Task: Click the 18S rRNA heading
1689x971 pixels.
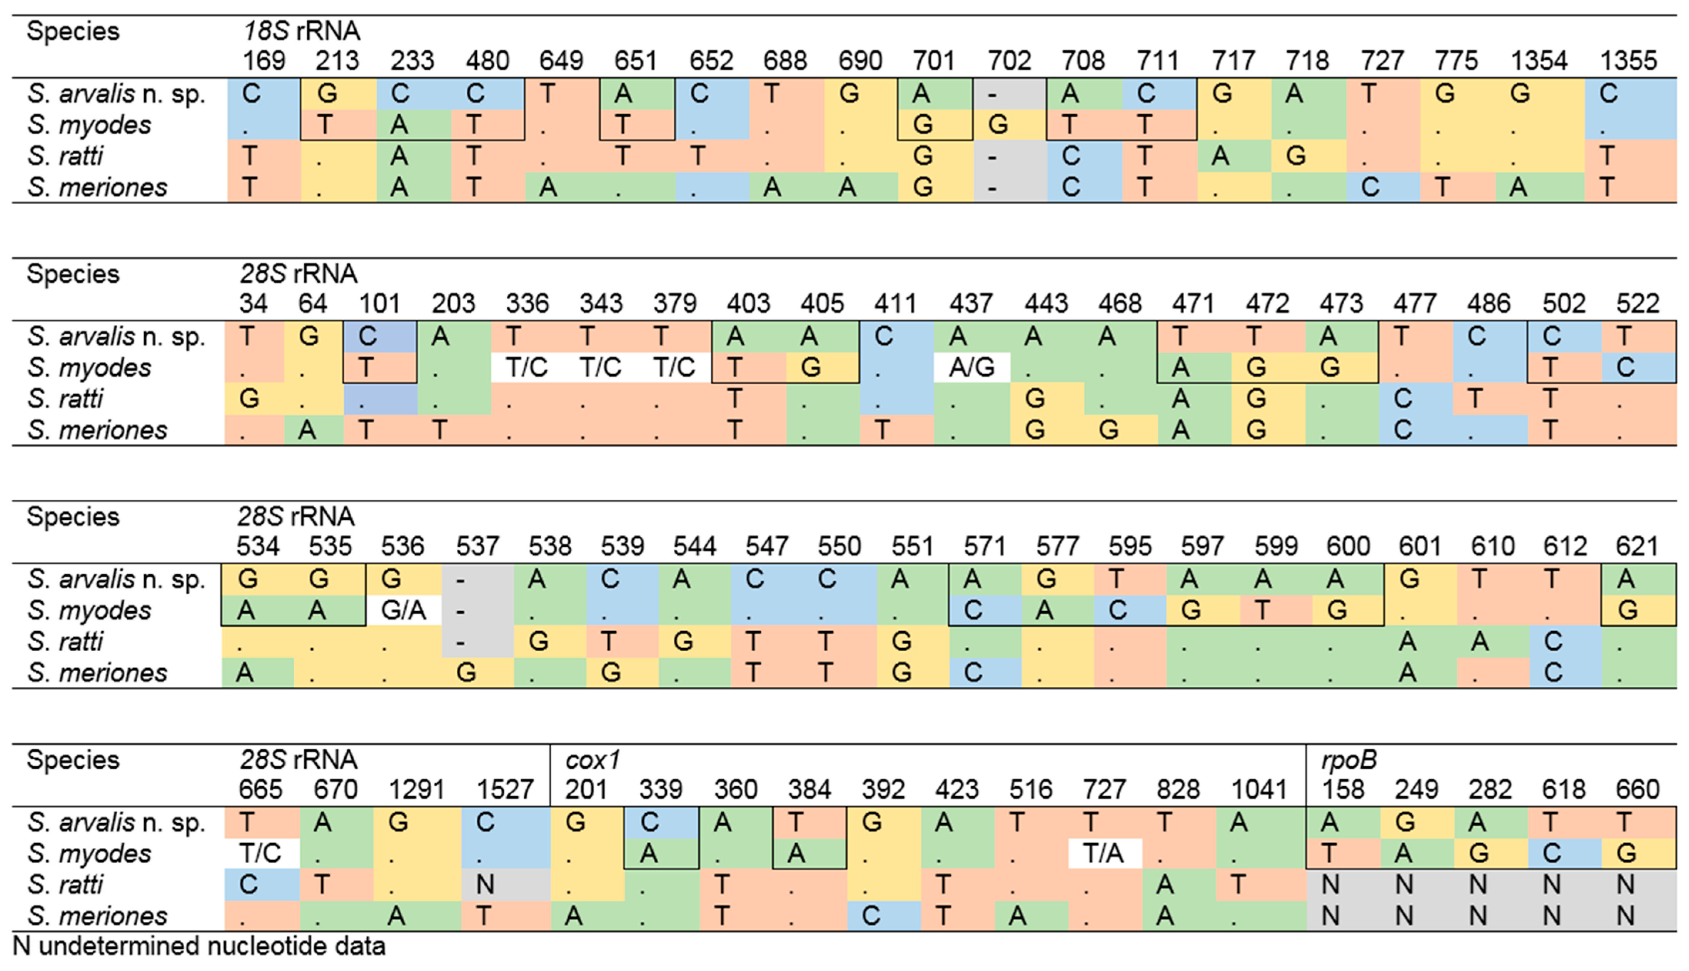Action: [x=301, y=31]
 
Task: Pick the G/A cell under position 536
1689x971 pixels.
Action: [x=404, y=610]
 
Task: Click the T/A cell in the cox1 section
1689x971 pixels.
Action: [x=1103, y=854]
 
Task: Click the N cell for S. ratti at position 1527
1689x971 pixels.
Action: [x=485, y=885]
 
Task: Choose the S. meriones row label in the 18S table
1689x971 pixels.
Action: [x=97, y=187]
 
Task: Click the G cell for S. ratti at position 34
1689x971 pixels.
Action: [x=249, y=399]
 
